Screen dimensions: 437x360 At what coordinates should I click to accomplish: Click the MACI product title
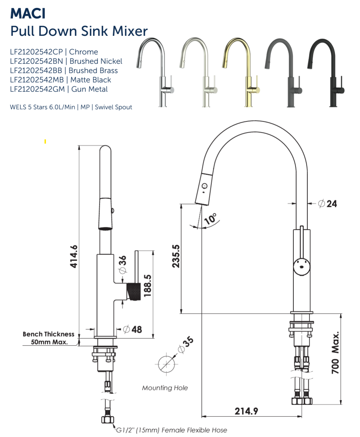click(x=28, y=14)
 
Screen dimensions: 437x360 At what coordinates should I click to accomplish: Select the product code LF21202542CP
click(x=36, y=52)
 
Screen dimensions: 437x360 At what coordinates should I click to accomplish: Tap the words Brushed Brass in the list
click(x=93, y=71)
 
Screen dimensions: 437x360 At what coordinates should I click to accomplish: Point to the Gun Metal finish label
click(x=89, y=89)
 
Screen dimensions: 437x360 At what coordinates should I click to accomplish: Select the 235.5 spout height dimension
click(x=176, y=256)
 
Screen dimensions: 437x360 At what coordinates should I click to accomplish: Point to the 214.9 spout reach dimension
click(x=246, y=411)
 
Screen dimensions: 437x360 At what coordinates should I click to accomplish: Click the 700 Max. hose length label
click(x=335, y=353)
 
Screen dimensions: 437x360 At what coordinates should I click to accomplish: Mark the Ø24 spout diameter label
click(x=327, y=204)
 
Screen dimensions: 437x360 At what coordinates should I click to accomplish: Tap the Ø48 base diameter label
click(x=132, y=329)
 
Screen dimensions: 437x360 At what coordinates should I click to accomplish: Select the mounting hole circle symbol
click(x=167, y=364)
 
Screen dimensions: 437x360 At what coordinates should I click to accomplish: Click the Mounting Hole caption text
click(x=165, y=388)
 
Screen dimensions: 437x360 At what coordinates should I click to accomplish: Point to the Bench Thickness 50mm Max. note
click(x=48, y=338)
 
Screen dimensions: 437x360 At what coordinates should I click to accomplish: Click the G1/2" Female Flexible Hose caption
click(x=171, y=430)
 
